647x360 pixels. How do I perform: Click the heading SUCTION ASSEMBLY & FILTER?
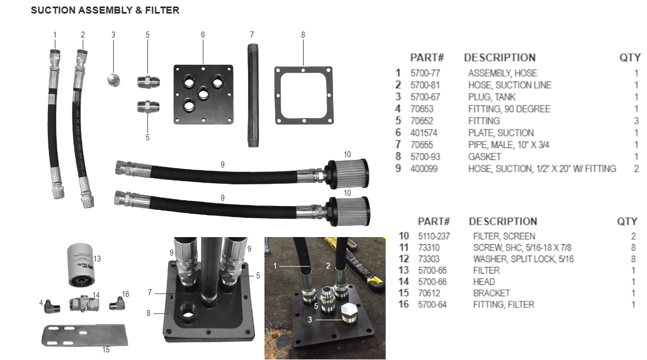coord(105,10)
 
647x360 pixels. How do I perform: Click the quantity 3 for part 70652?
coord(636,121)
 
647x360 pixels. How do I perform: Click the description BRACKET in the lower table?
coord(491,293)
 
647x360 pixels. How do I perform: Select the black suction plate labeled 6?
coord(203,95)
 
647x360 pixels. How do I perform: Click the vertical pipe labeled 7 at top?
coord(252,92)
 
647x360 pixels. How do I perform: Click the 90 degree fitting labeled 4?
coord(53,306)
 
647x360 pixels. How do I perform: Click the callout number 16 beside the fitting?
coord(126,294)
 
